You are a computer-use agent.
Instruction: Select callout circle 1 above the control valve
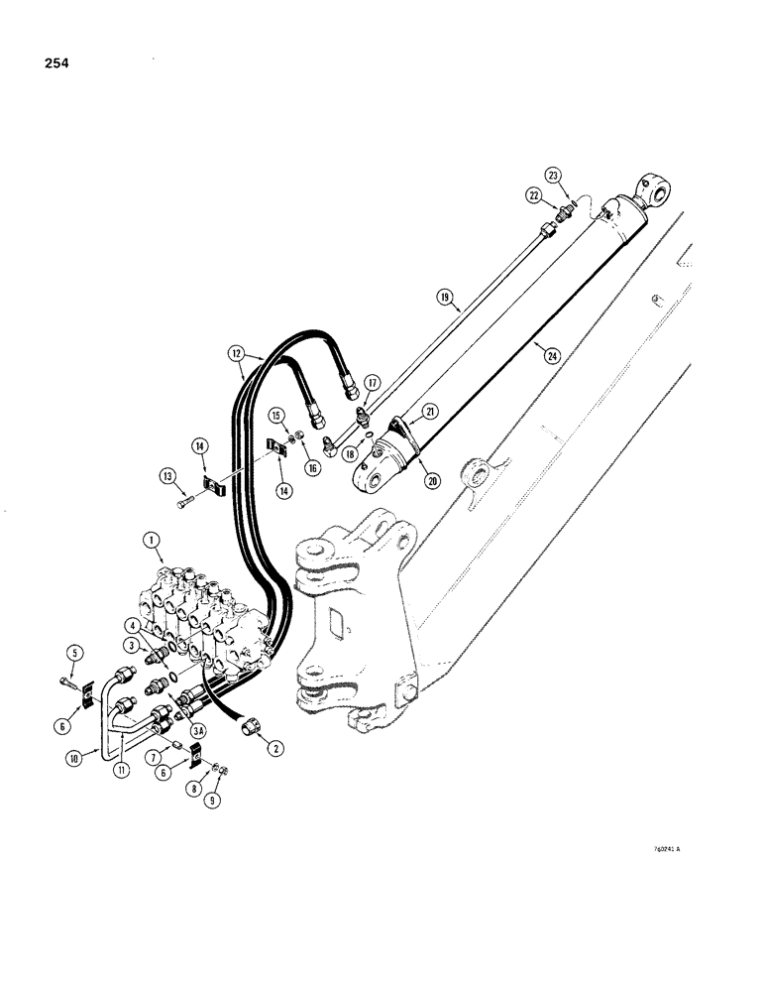pos(152,542)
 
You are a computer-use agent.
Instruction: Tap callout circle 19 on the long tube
pos(444,297)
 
